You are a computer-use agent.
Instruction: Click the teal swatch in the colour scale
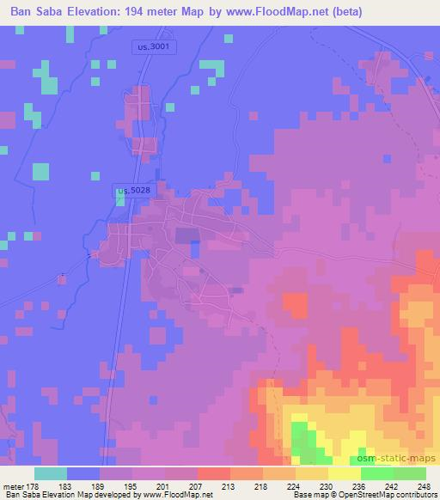point(51,473)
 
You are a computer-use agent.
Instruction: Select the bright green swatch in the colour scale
point(376,473)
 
